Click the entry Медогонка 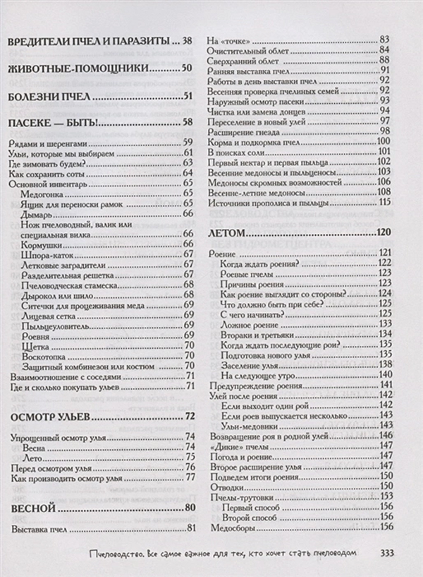(x=45, y=193)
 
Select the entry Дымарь (x=37, y=213)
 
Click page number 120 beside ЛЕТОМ (x=383, y=232)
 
